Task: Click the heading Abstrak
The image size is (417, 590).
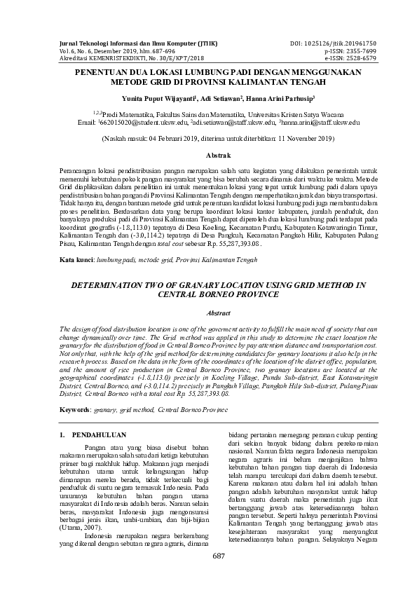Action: click(x=209, y=153)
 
